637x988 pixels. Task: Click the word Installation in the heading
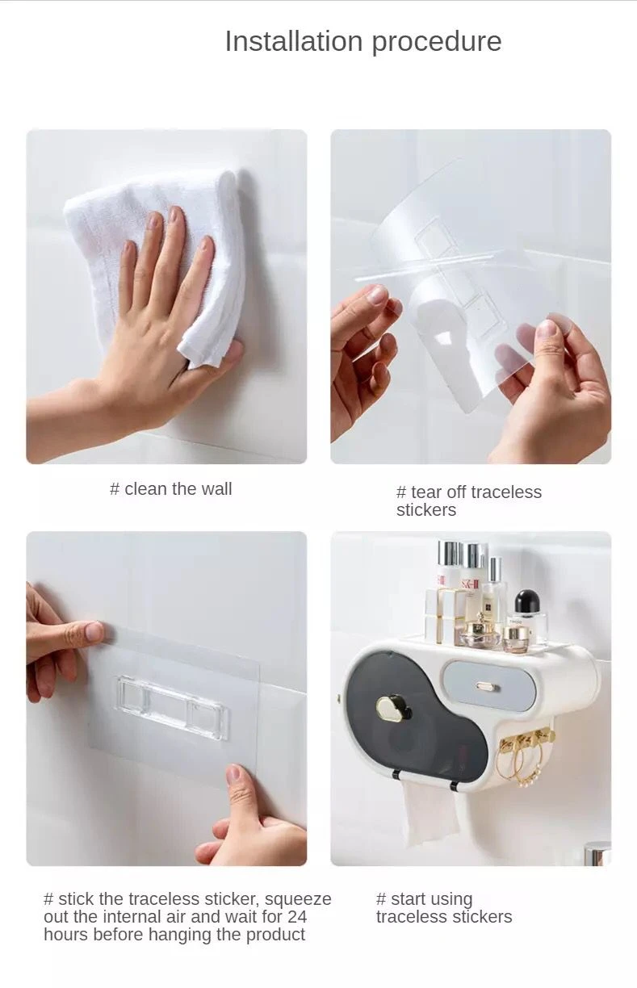tap(294, 41)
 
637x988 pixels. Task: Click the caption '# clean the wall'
tap(170, 488)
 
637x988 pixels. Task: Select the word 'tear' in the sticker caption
tap(426, 492)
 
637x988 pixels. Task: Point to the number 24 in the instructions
tap(297, 916)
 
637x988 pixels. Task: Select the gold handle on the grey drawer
tap(487, 686)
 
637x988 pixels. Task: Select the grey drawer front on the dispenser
tap(488, 686)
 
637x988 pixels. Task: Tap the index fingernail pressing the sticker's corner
tap(94, 631)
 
